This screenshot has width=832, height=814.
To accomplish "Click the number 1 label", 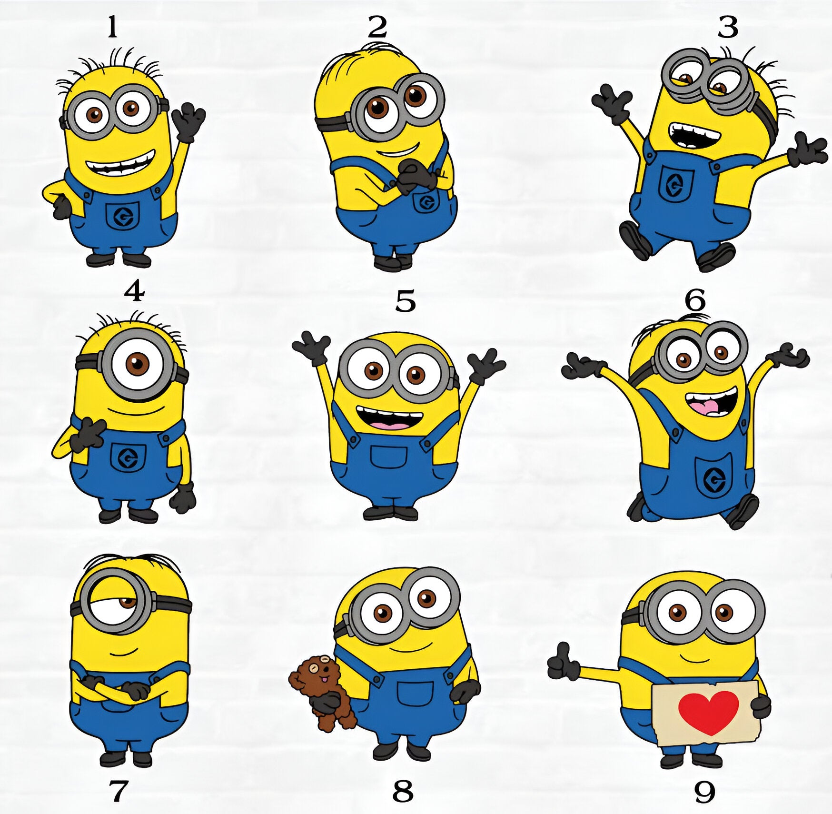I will pyautogui.click(x=112, y=28).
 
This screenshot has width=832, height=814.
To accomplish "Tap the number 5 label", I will pyautogui.click(x=406, y=301).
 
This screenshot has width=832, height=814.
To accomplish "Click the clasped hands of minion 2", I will pyautogui.click(x=415, y=175).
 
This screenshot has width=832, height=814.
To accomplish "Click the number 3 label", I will pyautogui.click(x=728, y=28).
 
